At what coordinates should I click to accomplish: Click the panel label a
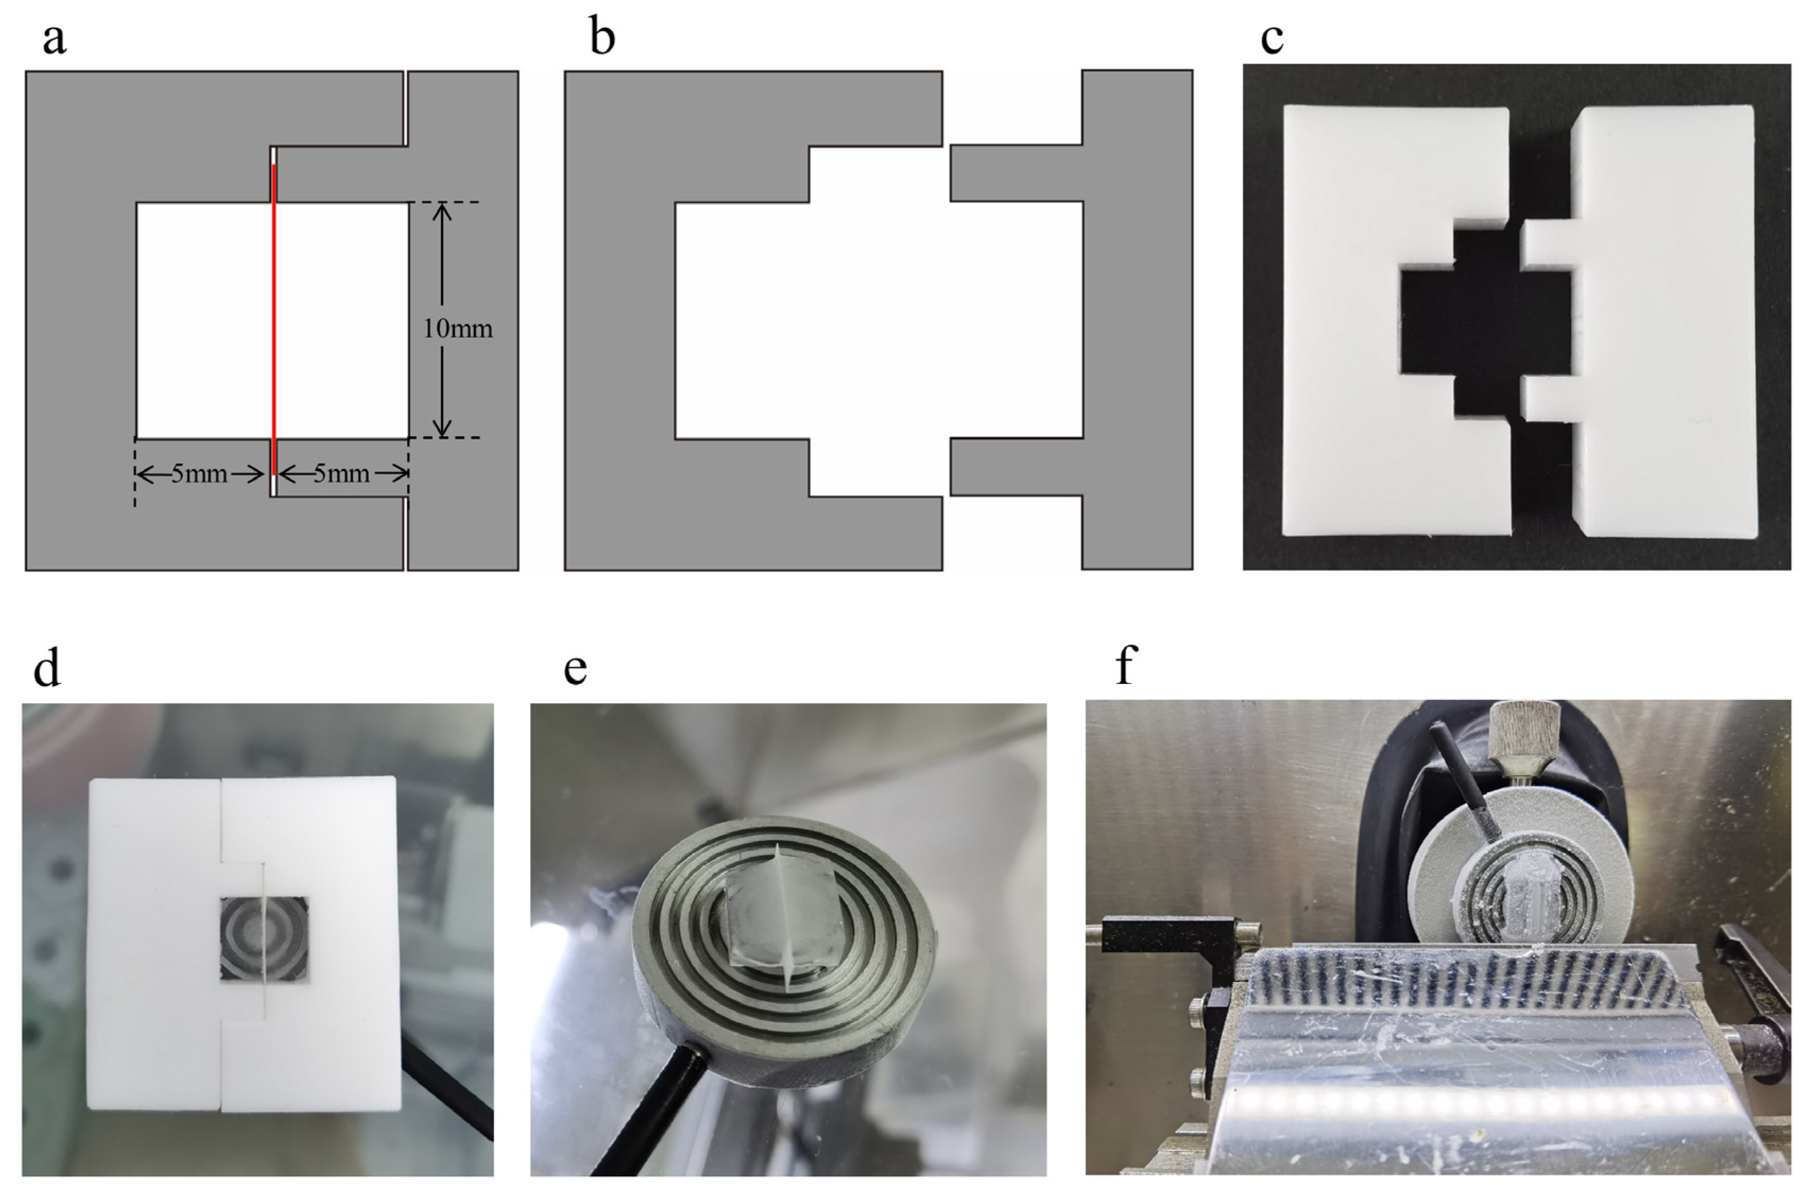54,40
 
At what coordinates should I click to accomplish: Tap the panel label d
47,669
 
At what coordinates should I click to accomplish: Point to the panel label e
575,669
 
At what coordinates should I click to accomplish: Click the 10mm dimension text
458,329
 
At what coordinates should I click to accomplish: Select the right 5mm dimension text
341,474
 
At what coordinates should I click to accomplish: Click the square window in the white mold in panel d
264,939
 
